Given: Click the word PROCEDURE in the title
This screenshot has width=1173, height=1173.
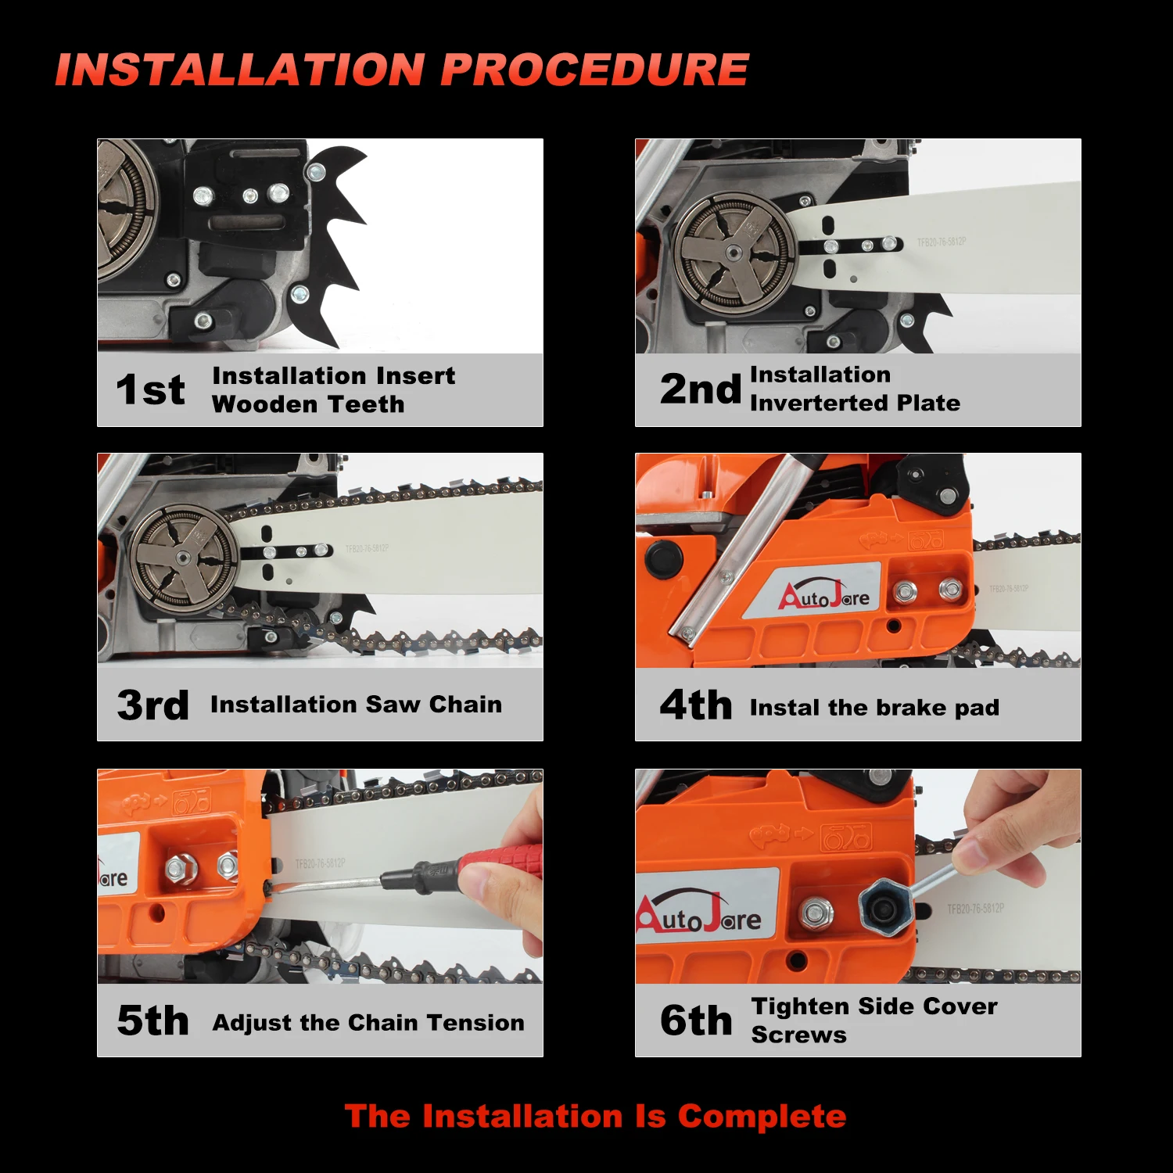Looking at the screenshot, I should (x=594, y=70).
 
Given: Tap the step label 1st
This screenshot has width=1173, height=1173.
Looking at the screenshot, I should (x=150, y=389).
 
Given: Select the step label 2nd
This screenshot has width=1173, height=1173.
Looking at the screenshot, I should (x=699, y=389).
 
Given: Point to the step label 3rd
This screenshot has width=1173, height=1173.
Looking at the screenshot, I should (x=152, y=705).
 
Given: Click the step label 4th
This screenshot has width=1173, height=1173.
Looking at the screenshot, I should (x=695, y=705).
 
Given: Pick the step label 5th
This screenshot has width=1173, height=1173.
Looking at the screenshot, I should (x=152, y=1021).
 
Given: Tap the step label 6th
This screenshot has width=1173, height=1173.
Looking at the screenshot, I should (x=695, y=1021).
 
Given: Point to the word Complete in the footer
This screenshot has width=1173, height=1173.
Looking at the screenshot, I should (x=762, y=1116).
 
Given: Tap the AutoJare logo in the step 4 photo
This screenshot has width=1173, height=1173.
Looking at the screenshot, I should (x=823, y=596).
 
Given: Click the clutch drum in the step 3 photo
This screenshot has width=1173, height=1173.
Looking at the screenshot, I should (x=183, y=557).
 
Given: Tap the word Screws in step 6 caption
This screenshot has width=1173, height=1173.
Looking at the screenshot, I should (x=798, y=1035).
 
